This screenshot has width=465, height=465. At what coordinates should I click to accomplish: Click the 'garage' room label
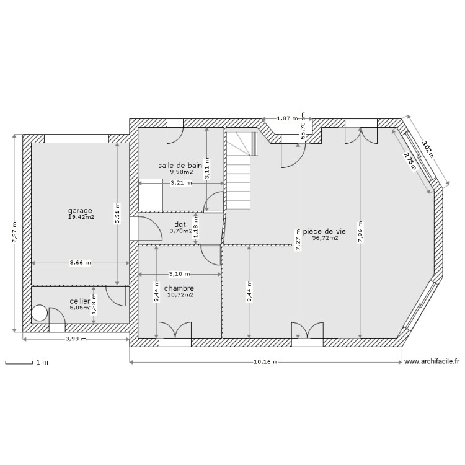point(81,210)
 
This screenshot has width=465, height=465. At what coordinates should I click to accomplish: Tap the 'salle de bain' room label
point(180,166)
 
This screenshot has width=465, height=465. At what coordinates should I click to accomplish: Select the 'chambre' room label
point(179,288)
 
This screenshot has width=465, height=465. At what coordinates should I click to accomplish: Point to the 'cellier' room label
point(79,301)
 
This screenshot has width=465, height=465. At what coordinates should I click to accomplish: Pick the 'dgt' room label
point(180,224)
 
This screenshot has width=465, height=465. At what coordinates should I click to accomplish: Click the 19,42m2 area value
point(81,217)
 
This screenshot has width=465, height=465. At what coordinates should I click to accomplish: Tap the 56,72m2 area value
point(325,237)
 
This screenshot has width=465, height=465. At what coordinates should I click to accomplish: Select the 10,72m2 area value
point(180,295)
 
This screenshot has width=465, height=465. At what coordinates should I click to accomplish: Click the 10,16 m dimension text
point(266,362)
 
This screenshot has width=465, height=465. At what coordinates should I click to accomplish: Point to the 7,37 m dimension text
point(15,232)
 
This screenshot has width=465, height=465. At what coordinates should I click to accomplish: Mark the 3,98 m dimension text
point(76,339)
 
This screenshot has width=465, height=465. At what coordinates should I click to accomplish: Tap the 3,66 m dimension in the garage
point(81,263)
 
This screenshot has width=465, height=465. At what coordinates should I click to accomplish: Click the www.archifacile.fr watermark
point(432,361)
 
